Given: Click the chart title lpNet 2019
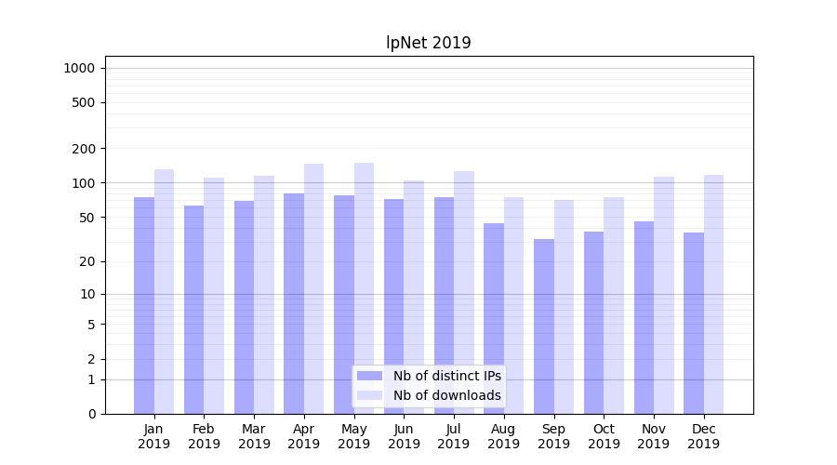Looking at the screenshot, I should tap(429, 43).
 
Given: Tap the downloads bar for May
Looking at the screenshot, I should tap(364, 288).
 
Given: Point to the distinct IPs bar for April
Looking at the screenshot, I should tap(294, 303).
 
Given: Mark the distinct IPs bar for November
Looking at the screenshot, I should tap(644, 317).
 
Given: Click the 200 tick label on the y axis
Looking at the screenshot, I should tap(84, 149).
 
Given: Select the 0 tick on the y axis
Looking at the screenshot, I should tap(91, 414).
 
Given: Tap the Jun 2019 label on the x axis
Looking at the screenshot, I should tap(404, 436).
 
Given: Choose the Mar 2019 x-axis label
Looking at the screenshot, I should tap(254, 436).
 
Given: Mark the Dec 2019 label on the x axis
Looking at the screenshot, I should tap(703, 436).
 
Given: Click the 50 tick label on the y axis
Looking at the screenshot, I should tap(86, 218).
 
